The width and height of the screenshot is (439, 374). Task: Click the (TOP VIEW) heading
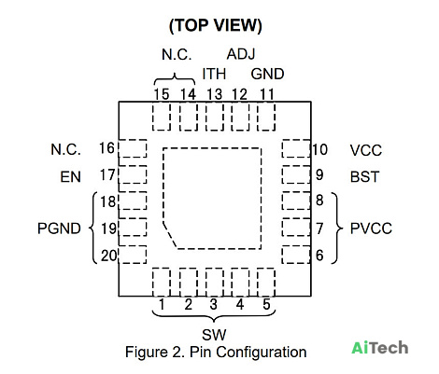coord(216,25)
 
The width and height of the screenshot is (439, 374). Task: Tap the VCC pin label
coord(366,150)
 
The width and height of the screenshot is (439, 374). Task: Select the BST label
coord(364,177)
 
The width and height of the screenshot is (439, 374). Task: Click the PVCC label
coord(371,229)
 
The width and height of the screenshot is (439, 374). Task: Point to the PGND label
coord(59,229)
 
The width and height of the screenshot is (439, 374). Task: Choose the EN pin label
coord(70,177)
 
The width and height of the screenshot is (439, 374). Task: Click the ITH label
coord(214,74)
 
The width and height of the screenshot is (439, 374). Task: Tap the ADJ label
coord(241,54)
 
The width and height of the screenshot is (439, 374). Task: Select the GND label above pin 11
coord(267,74)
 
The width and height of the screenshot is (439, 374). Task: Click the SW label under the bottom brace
coord(214,335)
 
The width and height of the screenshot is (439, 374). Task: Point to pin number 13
coord(215,94)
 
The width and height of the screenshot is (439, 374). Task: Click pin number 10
coord(320,149)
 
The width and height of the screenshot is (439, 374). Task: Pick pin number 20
coord(108,256)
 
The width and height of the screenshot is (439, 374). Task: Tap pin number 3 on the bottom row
coord(213,304)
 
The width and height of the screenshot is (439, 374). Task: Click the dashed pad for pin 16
coord(133,148)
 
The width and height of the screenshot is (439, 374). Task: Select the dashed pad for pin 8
coord(296,201)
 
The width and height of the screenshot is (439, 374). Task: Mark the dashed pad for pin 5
coord(266,282)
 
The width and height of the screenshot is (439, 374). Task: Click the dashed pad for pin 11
coord(266,117)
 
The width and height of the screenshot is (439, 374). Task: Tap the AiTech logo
coord(380,348)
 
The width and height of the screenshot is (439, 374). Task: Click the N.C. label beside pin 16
coord(65,149)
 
